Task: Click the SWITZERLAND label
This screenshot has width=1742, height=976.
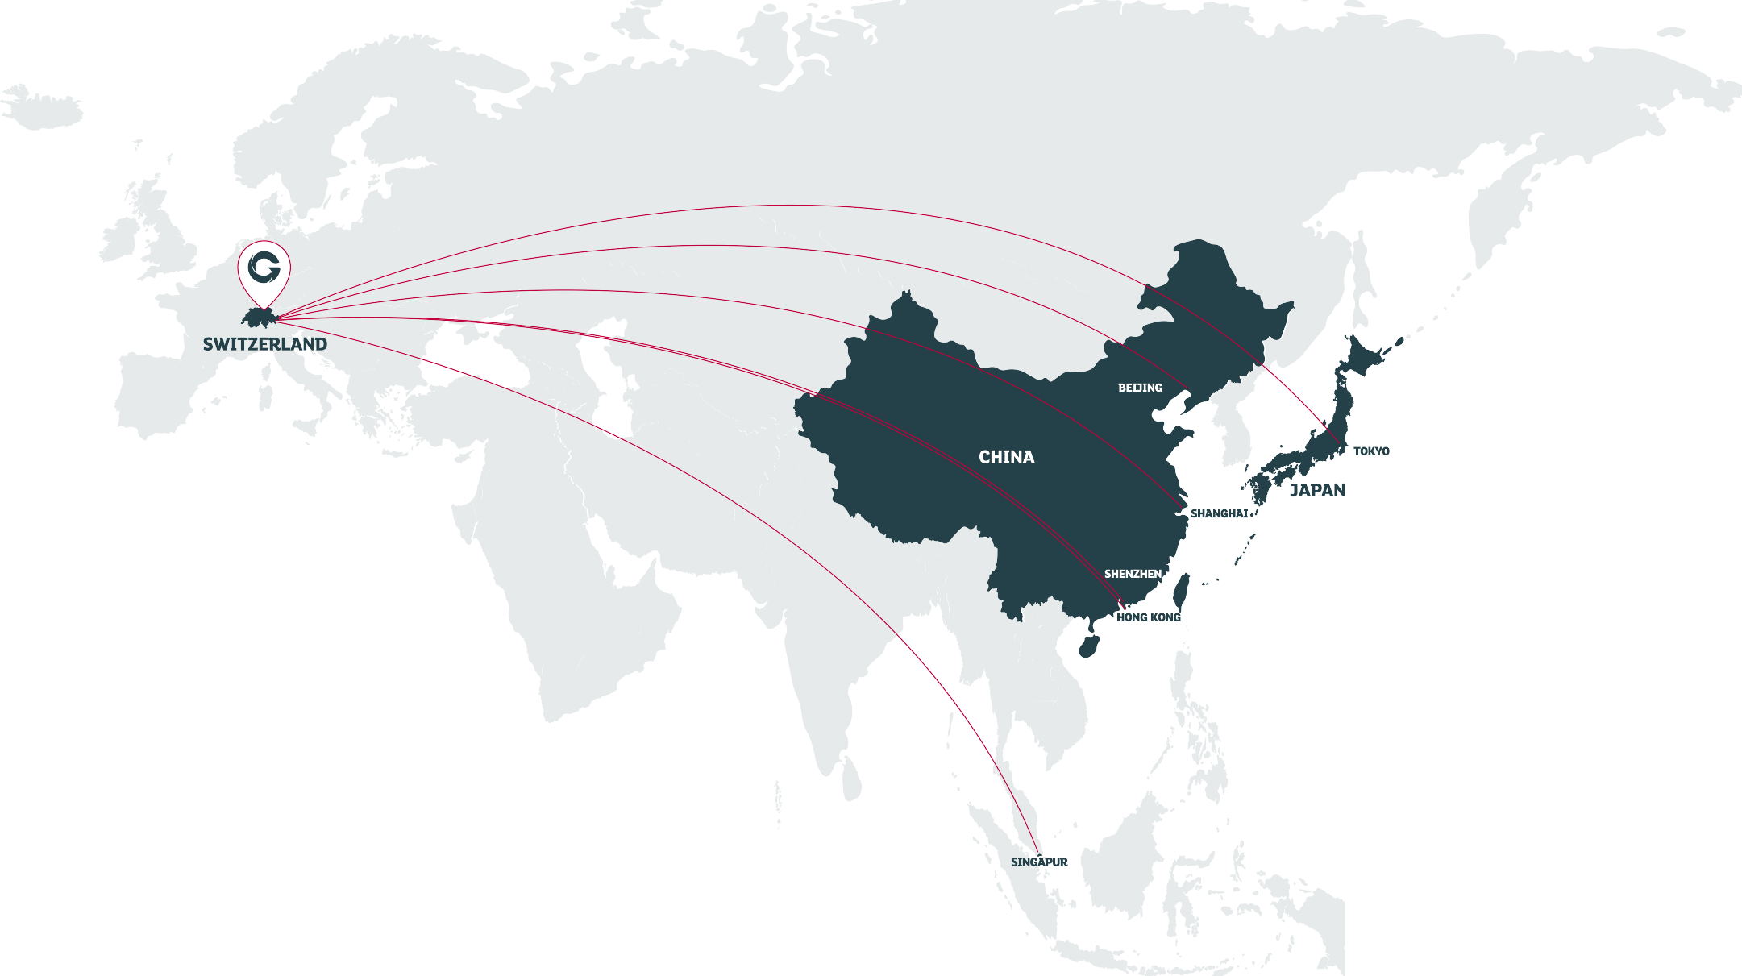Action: tap(264, 344)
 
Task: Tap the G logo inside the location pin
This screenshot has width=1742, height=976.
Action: tap(264, 267)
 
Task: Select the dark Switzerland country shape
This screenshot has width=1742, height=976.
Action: tap(259, 318)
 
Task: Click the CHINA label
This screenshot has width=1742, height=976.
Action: tap(1006, 457)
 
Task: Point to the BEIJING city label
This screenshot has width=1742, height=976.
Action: tap(1140, 388)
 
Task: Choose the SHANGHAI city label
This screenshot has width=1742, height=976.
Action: tap(1219, 513)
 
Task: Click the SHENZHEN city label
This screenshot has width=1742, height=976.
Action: tap(1133, 574)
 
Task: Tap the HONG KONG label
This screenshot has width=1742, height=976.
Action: tap(1148, 617)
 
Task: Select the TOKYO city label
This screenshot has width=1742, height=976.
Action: tap(1371, 451)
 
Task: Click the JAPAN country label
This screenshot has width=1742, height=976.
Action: tap(1317, 490)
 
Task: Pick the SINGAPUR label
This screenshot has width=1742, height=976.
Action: tap(1039, 862)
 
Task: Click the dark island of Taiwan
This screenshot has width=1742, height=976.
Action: tap(1181, 592)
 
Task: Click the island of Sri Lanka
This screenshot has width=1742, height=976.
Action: tap(852, 778)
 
